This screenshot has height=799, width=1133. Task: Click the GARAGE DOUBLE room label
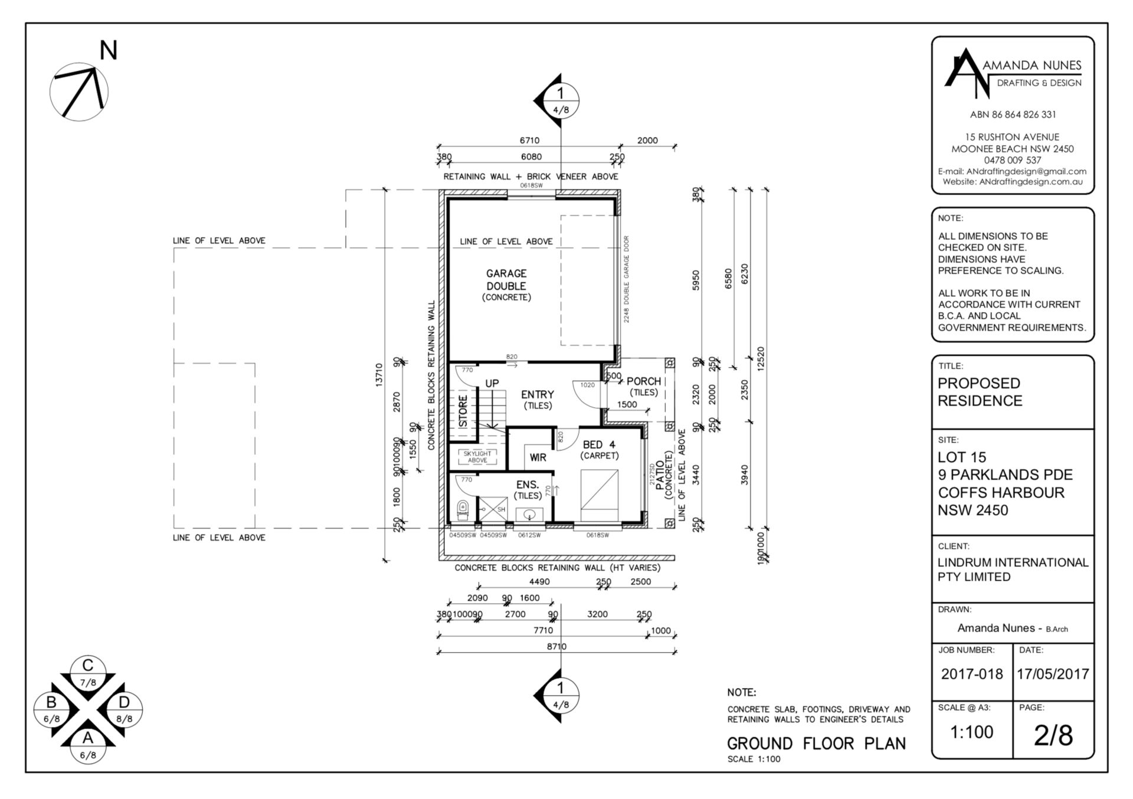coord(506,280)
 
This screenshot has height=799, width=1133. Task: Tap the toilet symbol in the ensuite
coord(463,510)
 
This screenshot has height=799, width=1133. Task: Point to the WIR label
coord(538,457)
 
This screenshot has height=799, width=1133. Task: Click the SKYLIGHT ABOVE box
coord(477,457)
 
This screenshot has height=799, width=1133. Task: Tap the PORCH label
coord(643,381)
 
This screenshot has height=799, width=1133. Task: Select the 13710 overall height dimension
coord(379,374)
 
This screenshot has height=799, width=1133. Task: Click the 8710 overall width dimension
coord(556,646)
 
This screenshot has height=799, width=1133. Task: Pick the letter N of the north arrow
coord(108,51)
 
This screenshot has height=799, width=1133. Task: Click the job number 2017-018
coord(971,674)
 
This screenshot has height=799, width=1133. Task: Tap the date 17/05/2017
coord(1053,674)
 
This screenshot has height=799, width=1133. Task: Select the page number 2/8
coord(1053,735)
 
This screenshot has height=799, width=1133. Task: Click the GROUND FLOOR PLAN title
coord(816,744)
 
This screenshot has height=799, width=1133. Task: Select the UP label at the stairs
coord(492,383)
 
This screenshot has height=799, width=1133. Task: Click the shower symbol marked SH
coord(492,509)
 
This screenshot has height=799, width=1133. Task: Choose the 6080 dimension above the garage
coord(531,157)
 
